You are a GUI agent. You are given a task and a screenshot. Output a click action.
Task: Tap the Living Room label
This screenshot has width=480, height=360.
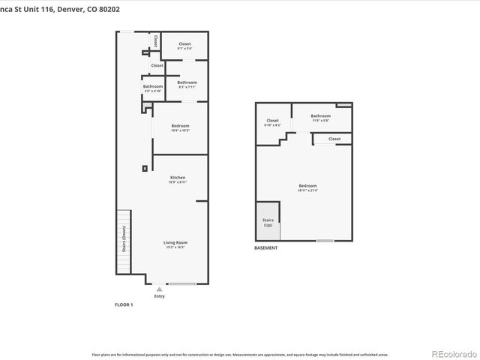pyautogui.click(x=175, y=244)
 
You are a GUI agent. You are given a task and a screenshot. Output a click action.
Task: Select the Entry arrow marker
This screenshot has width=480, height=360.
pyautogui.click(x=158, y=288)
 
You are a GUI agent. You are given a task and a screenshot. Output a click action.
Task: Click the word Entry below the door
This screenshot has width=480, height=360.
pyautogui.click(x=159, y=296)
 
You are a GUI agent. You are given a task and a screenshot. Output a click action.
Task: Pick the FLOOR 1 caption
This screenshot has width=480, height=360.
pyautogui.click(x=123, y=305)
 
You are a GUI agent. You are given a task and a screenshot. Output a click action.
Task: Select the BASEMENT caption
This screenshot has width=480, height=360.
pyautogui.click(x=266, y=248)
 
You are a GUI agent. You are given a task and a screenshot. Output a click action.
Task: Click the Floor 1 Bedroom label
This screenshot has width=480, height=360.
pyautogui.click(x=180, y=127)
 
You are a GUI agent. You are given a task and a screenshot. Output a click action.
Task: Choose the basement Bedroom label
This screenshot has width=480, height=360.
pyautogui.click(x=307, y=187)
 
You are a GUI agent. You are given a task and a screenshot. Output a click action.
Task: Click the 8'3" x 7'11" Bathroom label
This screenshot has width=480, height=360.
pyautogui.click(x=187, y=84)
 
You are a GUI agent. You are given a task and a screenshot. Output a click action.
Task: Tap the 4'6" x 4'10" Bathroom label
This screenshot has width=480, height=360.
pyautogui.click(x=153, y=88)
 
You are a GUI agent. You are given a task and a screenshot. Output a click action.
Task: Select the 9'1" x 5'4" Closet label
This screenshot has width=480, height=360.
pyautogui.click(x=184, y=46)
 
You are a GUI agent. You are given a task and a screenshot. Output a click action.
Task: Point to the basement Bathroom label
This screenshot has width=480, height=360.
pyautogui.click(x=321, y=118)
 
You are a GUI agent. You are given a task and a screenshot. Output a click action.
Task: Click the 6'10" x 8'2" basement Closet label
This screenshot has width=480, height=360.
pyautogui.click(x=272, y=122)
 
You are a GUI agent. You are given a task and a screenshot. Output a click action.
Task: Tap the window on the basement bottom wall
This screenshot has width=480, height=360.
pyautogui.click(x=325, y=241)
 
